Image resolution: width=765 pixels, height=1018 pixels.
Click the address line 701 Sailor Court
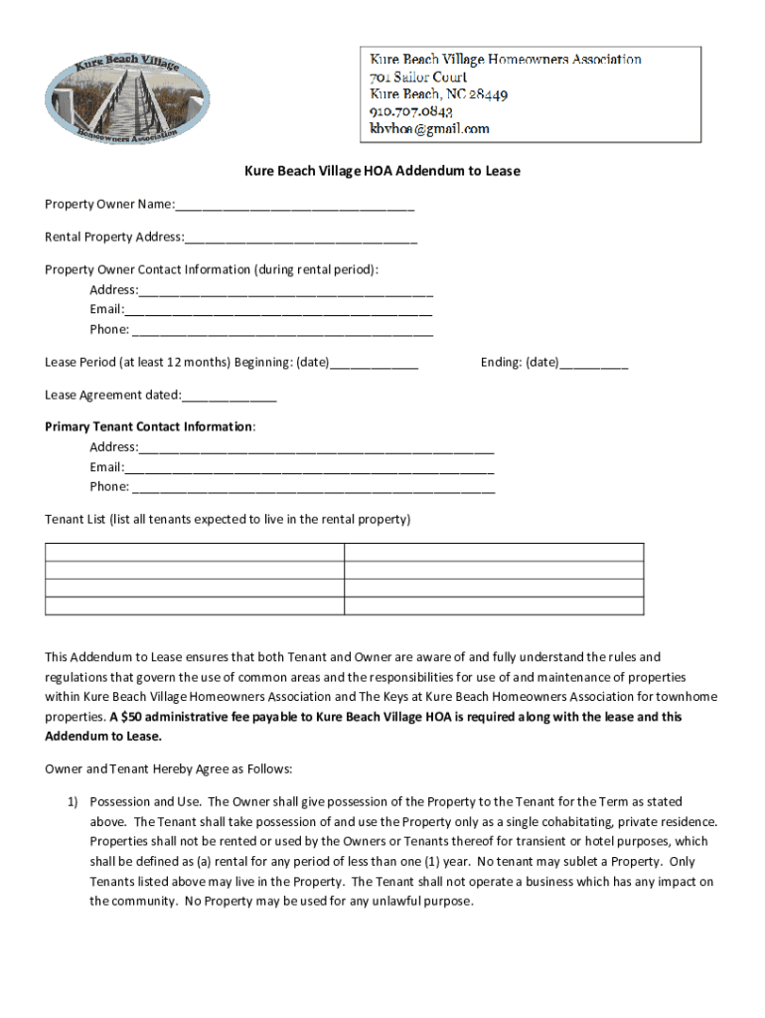click(418, 77)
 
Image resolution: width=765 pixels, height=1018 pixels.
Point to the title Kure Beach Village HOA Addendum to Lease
click(382, 171)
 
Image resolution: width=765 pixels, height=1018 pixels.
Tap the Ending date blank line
click(593, 364)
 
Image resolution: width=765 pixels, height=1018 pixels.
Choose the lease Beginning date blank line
click(373, 364)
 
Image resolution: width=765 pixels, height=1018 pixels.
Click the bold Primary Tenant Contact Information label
click(149, 426)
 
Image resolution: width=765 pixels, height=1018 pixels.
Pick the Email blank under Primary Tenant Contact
click(309, 468)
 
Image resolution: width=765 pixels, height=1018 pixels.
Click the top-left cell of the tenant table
click(195, 553)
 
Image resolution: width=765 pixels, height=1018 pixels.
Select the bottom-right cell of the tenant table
click(494, 606)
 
